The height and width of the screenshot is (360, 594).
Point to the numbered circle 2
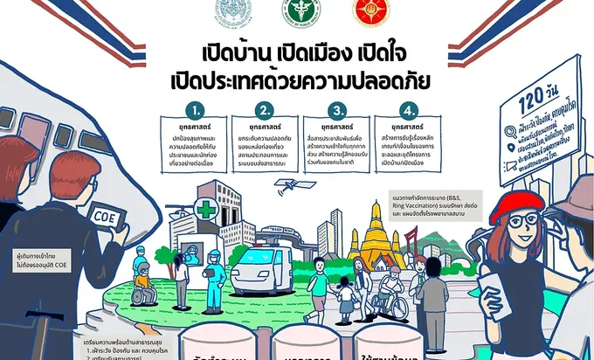pyautogui.click(x=266, y=111)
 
